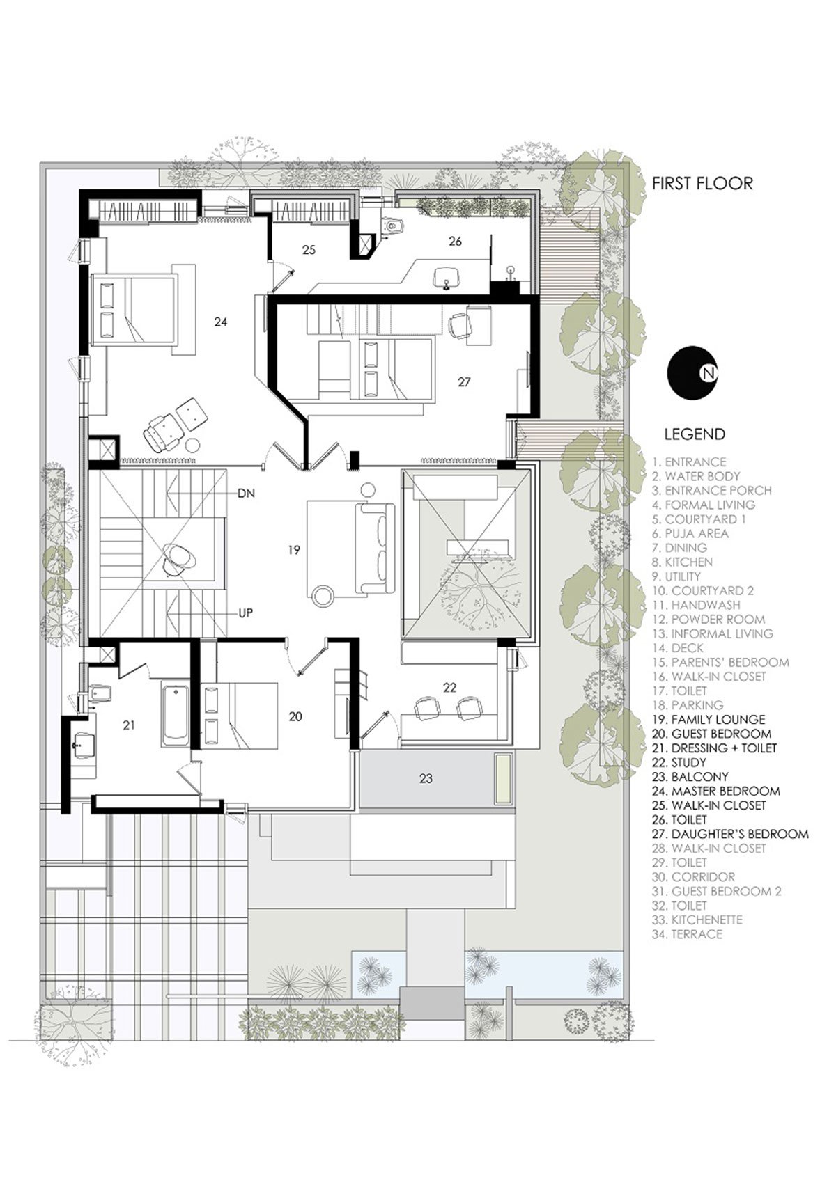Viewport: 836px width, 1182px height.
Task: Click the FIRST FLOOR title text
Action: [x=702, y=183]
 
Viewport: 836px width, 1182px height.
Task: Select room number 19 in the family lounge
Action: [x=294, y=550]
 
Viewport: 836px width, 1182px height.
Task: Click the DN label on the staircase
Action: [x=246, y=494]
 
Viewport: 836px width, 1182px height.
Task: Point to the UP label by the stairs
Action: [x=245, y=613]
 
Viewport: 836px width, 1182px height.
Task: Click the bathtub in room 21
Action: [x=175, y=716]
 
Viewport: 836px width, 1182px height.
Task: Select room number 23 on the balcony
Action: [x=426, y=778]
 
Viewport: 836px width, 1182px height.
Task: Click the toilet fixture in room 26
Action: [x=393, y=225]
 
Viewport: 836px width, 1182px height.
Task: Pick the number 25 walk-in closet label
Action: [x=309, y=249]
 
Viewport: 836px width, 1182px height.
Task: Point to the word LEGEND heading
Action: [x=694, y=434]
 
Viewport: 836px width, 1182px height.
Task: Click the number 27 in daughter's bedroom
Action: [x=464, y=382]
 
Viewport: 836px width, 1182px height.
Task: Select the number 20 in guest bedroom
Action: [x=295, y=716]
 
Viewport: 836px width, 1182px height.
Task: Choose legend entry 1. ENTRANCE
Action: [x=689, y=462]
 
